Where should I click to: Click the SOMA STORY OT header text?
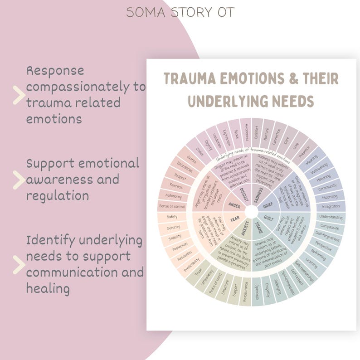180,12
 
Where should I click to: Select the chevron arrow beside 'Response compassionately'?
19,95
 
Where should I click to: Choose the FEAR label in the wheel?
234,219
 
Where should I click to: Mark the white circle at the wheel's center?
252,212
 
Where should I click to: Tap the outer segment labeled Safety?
172,217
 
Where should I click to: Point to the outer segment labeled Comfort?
257,132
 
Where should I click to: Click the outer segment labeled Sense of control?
172,207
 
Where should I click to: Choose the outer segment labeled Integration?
331,207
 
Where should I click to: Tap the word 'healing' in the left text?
47,288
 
